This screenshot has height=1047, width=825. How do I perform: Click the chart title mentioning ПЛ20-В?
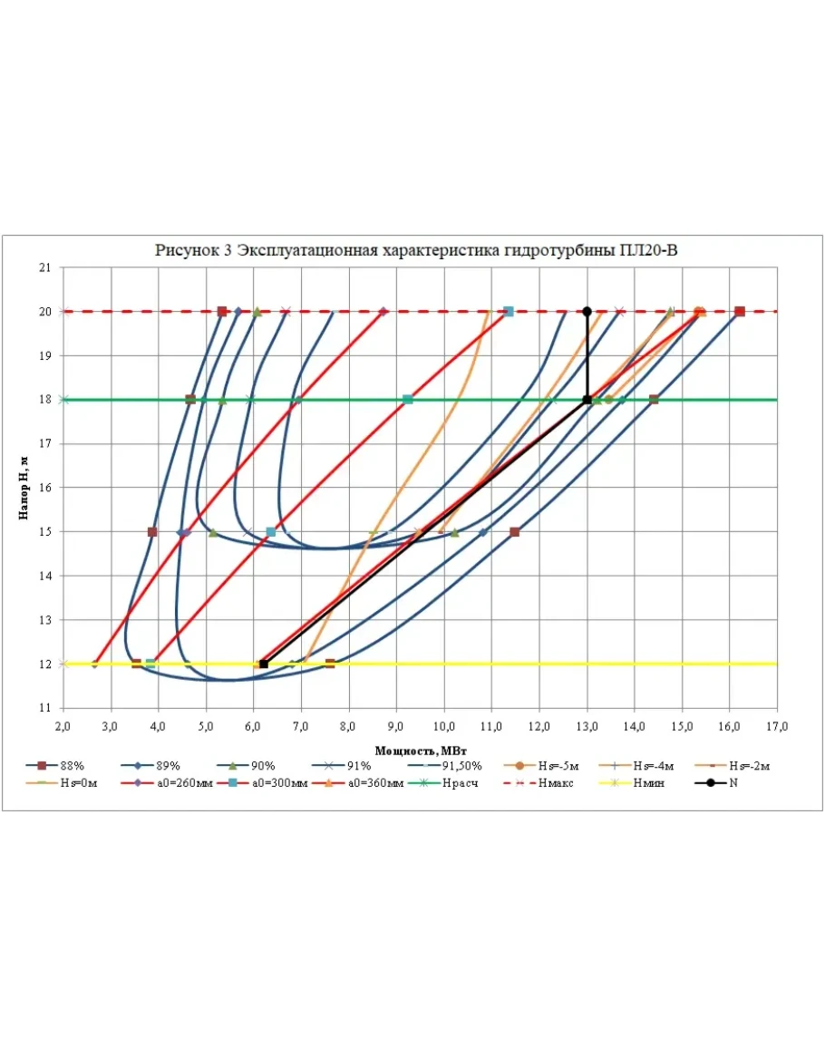point(416,250)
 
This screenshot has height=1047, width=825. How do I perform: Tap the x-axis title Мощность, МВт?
point(420,751)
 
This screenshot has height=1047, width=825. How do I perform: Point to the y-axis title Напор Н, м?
point(24,488)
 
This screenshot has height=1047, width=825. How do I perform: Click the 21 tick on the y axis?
point(44,267)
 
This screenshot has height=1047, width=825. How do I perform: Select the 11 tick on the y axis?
point(44,708)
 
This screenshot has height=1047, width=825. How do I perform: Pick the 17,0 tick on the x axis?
point(777,726)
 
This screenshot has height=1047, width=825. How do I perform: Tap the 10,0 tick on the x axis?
point(443,726)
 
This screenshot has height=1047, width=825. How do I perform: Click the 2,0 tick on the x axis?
point(63,726)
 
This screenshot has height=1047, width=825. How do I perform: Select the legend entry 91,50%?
point(444,766)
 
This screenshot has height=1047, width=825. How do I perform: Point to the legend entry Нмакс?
point(539,782)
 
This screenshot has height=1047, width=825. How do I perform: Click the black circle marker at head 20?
point(587,312)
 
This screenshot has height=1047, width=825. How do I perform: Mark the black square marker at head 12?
point(264,664)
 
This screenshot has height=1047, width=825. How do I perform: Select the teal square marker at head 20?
point(509,312)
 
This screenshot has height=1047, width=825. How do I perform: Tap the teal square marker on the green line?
point(407,400)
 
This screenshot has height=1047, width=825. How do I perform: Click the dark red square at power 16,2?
point(740,312)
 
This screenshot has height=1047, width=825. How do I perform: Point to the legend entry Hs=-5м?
point(540,766)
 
